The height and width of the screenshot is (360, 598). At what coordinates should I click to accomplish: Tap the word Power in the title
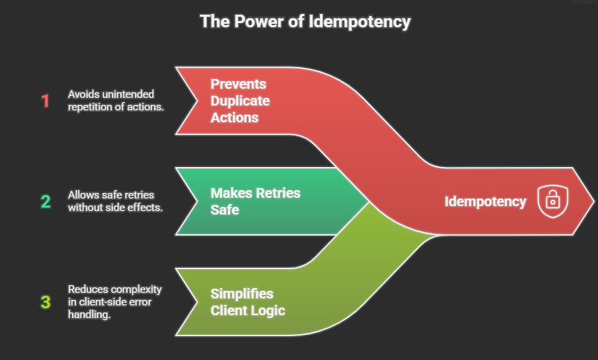tap(246, 21)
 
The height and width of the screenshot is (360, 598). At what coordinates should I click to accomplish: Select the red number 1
tap(45, 101)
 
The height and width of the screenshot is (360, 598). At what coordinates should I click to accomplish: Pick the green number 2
tap(45, 202)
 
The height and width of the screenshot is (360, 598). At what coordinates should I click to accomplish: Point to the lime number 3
tap(45, 303)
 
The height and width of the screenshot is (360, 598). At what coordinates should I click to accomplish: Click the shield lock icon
tap(552, 201)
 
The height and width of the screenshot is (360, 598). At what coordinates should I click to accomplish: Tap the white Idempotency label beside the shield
tap(486, 201)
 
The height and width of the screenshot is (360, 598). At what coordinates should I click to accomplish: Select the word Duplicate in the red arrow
tap(240, 101)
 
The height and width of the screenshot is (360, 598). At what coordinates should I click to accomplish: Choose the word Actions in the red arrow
tap(235, 117)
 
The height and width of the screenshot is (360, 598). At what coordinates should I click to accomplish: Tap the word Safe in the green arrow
tap(225, 209)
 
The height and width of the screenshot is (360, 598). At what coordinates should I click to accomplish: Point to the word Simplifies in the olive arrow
tap(242, 294)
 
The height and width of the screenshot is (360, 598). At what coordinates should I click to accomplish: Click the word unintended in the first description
tap(129, 94)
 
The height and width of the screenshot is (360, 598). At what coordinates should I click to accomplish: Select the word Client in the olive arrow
tap(228, 310)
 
